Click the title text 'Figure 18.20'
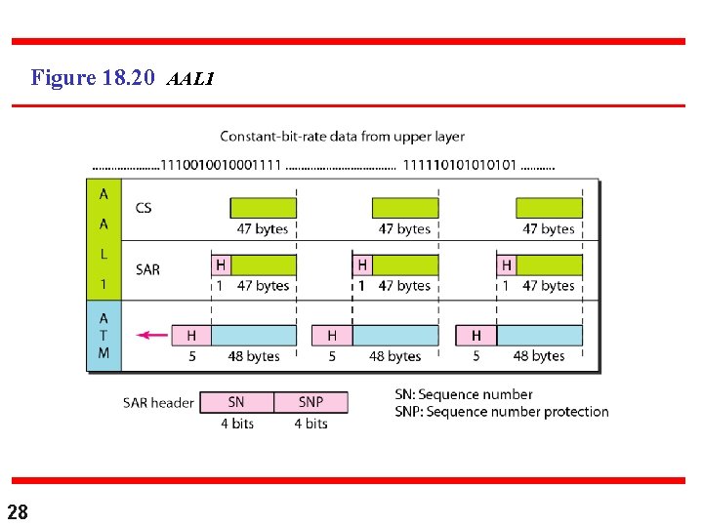coord(92,77)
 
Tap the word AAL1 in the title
coord(190,79)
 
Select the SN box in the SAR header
coord(236,402)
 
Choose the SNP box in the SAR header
coord(310,402)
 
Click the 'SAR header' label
coord(158,402)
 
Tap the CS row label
coord(144,207)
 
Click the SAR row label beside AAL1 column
coord(147,269)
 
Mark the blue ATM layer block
coord(103,335)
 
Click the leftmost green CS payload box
coord(263,208)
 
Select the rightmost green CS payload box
coord(549,208)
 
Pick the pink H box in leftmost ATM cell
coord(191,335)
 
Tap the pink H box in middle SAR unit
coord(362,264)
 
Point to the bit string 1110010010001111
coord(222,164)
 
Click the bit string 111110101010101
coord(460,164)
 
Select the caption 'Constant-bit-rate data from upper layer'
coord(342,137)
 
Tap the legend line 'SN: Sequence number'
coord(464,394)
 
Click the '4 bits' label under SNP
coord(310,424)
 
